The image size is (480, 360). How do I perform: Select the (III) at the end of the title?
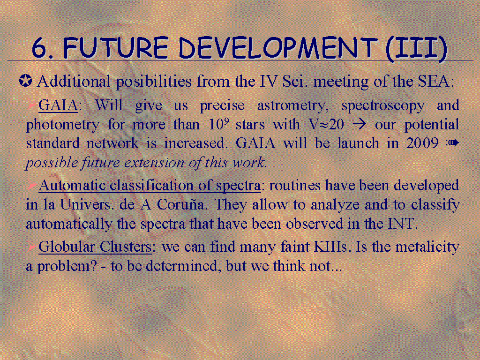click(416, 48)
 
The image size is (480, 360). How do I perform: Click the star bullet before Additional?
click(25, 81)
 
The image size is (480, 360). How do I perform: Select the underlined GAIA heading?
click(58, 105)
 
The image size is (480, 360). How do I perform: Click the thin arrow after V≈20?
click(360, 125)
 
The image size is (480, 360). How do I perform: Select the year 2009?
click(422, 143)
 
